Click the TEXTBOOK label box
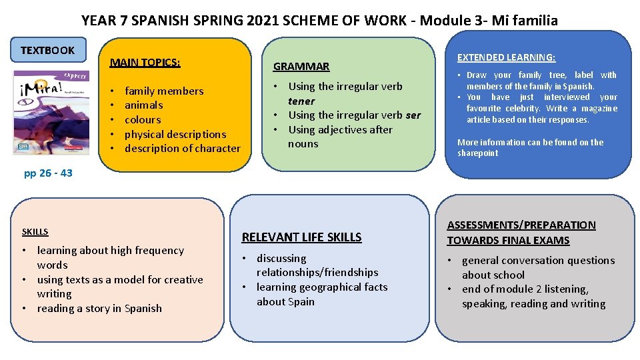[x=47, y=50]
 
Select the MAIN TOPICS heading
[x=145, y=63]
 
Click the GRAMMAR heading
[x=301, y=66]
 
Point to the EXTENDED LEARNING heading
[x=506, y=57]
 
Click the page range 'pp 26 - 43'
[x=48, y=173]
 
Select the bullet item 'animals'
[x=143, y=105]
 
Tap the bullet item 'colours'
[x=143, y=119]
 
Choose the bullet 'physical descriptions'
[x=175, y=134]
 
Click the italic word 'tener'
[x=301, y=101]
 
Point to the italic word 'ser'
[x=413, y=115]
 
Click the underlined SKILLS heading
[x=35, y=231]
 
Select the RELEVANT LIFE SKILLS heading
[x=301, y=237]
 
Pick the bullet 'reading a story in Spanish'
[x=99, y=308]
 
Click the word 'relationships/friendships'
[x=317, y=272]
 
